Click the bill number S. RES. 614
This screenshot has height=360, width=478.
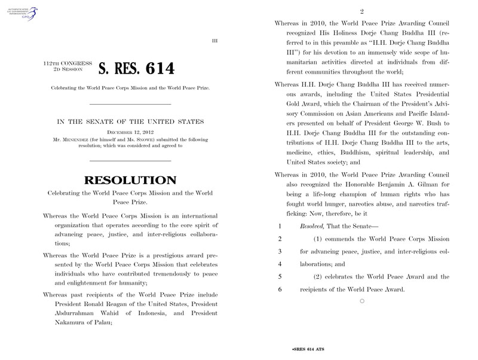(136, 69)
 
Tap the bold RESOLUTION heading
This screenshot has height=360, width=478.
(130, 179)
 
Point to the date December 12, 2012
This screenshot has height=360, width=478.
(130, 130)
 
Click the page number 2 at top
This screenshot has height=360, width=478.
(362, 11)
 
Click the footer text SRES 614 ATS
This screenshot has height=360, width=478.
(308, 347)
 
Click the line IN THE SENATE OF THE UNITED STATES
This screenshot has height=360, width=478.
(130, 121)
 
